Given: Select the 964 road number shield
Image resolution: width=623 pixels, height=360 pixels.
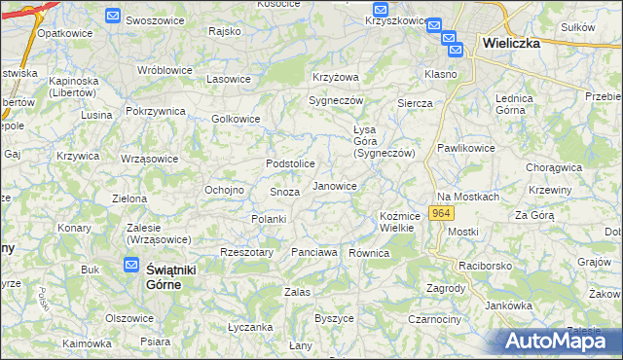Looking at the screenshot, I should coord(443,213).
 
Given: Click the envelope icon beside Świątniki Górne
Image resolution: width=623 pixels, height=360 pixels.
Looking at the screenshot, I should coord(131,264).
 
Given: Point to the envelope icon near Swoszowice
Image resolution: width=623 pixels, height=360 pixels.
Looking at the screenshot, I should coord(113,17).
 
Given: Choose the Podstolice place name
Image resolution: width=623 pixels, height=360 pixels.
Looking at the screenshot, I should coord(290,163).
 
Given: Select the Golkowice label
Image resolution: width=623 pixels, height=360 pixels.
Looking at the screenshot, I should coord(237,120).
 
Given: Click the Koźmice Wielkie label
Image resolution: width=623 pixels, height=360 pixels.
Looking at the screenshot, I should coord(398,221).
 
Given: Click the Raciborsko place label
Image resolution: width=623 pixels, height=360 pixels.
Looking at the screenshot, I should coord(487,264).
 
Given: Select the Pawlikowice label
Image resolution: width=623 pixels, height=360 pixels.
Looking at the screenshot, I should coord(465,148).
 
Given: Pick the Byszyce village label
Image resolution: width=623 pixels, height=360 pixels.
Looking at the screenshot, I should coord(334,318).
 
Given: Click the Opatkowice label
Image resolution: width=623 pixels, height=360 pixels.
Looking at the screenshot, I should coord(57,32).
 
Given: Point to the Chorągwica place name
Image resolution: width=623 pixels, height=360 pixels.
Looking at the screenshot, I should coord(554,167).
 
